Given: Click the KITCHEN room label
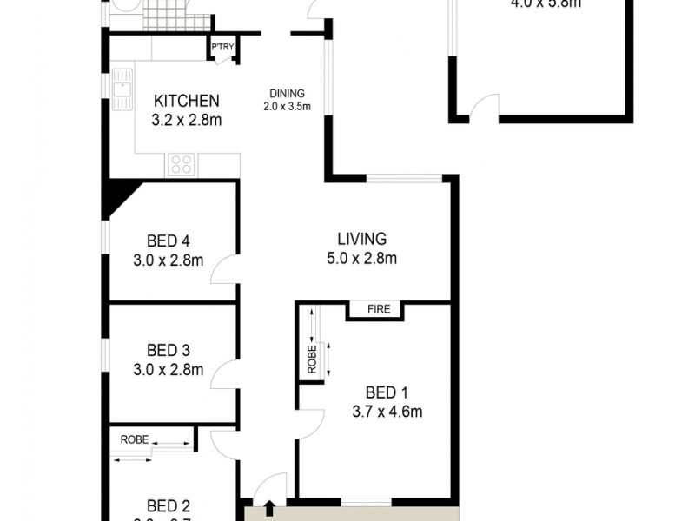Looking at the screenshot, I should point(186,101).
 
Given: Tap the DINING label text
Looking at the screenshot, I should point(288,95).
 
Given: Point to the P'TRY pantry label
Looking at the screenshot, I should point(222,48).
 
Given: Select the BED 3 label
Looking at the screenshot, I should point(168,351).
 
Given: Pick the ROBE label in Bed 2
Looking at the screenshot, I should point(134,439).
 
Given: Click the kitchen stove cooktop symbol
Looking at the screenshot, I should point(182,163).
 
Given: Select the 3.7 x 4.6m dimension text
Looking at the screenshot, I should point(387,412).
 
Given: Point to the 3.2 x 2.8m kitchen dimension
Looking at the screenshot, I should point(186,120).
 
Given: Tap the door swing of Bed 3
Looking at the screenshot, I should point(223,375).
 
